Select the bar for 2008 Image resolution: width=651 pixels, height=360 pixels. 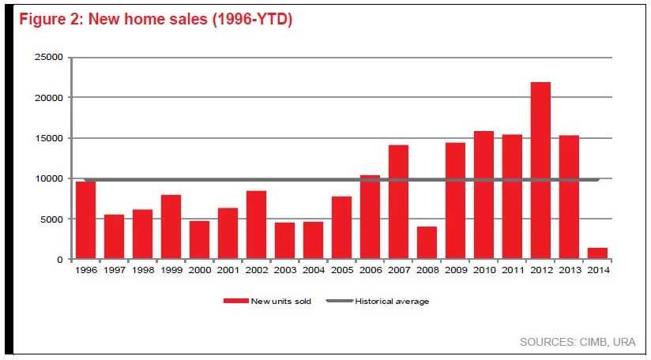[427, 243]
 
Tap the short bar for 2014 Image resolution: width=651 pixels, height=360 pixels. [597, 253]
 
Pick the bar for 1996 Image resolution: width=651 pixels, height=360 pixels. [85, 220]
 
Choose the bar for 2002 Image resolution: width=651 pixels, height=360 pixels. [256, 225]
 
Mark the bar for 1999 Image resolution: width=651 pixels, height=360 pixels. [171, 227]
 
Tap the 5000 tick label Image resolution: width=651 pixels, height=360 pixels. [51, 219]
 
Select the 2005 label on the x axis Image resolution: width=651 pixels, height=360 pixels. [341, 270]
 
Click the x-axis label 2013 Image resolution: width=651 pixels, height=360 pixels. [569, 270]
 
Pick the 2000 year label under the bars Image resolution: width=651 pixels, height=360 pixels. [199, 270]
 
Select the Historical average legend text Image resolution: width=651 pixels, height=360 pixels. [392, 301]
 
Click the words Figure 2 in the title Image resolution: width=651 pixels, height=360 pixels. [50, 20]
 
